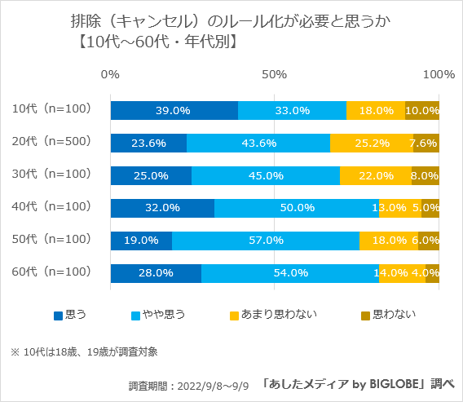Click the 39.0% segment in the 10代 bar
coord(174,110)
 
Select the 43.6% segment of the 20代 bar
coord(258,143)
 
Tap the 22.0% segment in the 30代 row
coord(376,175)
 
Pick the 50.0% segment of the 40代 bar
coord(297,208)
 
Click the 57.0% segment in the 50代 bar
coord(266,241)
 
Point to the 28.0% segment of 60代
coord(156,273)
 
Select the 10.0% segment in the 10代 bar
coord(422,110)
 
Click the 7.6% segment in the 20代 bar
coord(426,143)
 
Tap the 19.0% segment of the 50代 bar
coord(141,241)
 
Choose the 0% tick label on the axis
coord(110,75)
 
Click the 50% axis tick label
coord(274,75)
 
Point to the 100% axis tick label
coord(439,75)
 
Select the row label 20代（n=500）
coord(51,141)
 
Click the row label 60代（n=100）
coord(51,272)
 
